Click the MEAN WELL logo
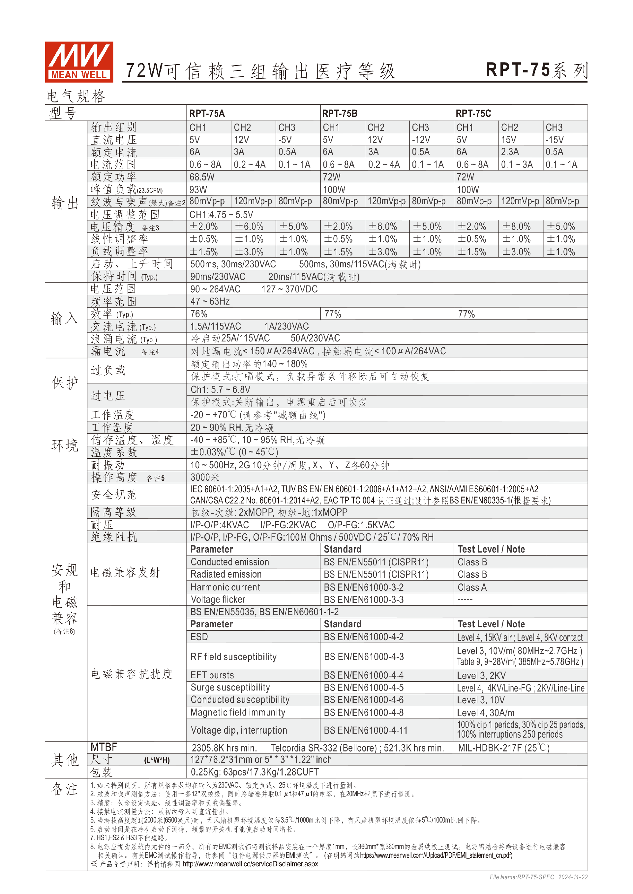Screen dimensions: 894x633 [79, 62]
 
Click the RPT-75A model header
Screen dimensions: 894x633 [207, 113]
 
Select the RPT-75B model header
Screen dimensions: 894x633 [340, 113]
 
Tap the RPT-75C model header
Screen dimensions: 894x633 [473, 113]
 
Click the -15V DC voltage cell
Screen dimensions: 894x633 [554, 140]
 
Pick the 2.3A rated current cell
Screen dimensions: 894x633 [509, 152]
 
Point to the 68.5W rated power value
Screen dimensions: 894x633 [202, 177]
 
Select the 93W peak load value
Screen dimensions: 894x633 [198, 190]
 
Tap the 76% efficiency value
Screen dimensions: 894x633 [199, 314]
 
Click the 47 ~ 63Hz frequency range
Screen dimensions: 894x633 [210, 301]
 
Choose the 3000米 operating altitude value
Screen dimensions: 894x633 [205, 477]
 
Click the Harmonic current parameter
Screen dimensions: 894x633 [225, 587]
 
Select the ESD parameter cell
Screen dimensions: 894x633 [199, 637]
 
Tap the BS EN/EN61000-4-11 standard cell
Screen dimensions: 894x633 [366, 730]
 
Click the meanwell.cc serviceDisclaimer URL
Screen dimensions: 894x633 [250, 864]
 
